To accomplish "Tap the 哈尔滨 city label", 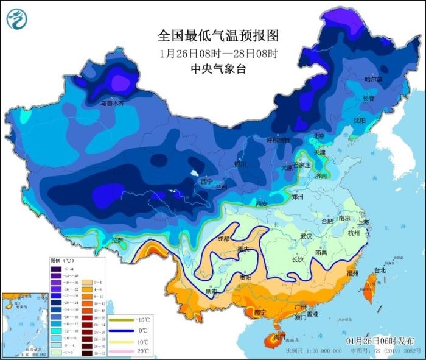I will [x=373, y=79].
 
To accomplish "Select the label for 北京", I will [x=319, y=136].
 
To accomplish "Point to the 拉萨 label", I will [x=117, y=240].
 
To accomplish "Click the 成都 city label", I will [x=224, y=239].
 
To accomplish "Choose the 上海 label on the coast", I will [x=364, y=222].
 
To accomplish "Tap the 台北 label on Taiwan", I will [x=380, y=270].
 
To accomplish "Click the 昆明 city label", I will [x=211, y=292].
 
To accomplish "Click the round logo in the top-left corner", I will [x=18, y=19].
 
